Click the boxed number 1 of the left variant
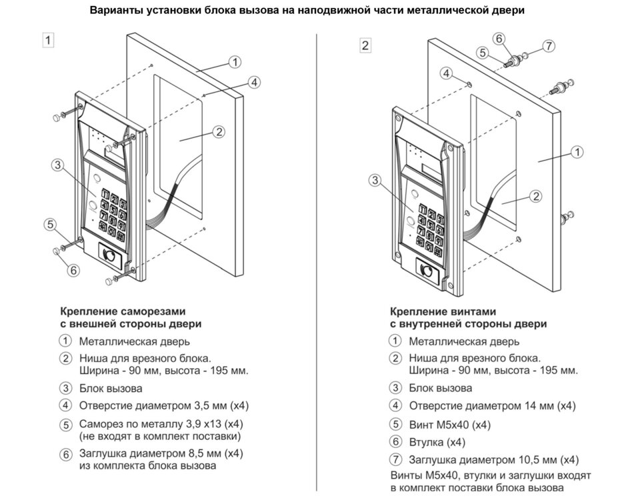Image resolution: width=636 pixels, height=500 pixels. click(47, 39)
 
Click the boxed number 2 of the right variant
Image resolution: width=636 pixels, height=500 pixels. click(365, 45)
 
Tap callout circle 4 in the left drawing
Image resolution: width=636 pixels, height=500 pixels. click(253, 82)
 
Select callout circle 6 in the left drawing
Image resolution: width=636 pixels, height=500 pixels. click(73, 270)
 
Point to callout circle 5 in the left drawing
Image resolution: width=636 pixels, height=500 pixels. click(50, 225)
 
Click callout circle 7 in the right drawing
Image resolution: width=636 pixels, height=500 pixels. click(548, 46)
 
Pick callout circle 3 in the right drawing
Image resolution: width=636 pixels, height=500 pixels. click(375, 180)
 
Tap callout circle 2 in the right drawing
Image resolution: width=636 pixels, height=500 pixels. click(535, 196)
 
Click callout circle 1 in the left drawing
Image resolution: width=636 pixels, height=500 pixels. click(235, 62)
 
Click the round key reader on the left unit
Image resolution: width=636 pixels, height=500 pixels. click(109, 255)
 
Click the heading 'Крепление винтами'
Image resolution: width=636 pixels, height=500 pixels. click(443, 311)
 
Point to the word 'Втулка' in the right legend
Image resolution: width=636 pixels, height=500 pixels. click(426, 442)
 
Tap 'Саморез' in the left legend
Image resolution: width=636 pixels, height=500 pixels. click(99, 423)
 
